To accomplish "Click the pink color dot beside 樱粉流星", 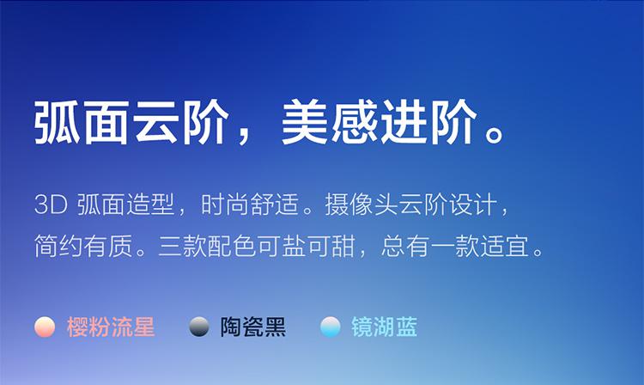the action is (x=45, y=327).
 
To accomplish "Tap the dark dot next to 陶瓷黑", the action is (x=199, y=327).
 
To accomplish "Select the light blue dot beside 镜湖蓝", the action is (x=331, y=327).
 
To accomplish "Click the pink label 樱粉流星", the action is (x=111, y=327).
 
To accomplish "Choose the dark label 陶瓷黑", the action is (x=253, y=327).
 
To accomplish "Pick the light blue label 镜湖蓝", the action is (x=385, y=327).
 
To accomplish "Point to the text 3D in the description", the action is (x=51, y=205).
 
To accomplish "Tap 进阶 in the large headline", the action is (x=428, y=122).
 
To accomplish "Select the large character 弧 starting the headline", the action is (x=58, y=122).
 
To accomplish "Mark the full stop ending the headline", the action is (x=493, y=134).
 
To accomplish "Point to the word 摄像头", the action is (x=361, y=205).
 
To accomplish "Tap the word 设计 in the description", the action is (x=473, y=205).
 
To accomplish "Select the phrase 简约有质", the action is (x=83, y=246).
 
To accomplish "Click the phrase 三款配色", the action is (x=208, y=246).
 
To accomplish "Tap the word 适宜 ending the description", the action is (x=505, y=246).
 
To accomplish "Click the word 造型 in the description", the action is (x=150, y=205).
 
